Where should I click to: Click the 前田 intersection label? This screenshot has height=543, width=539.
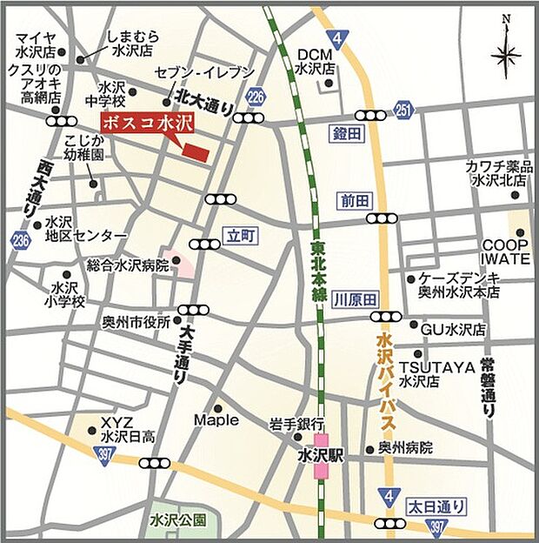point(355,201)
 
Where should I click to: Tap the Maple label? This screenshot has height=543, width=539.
point(216,420)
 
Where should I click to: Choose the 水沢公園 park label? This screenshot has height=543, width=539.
point(177,520)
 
